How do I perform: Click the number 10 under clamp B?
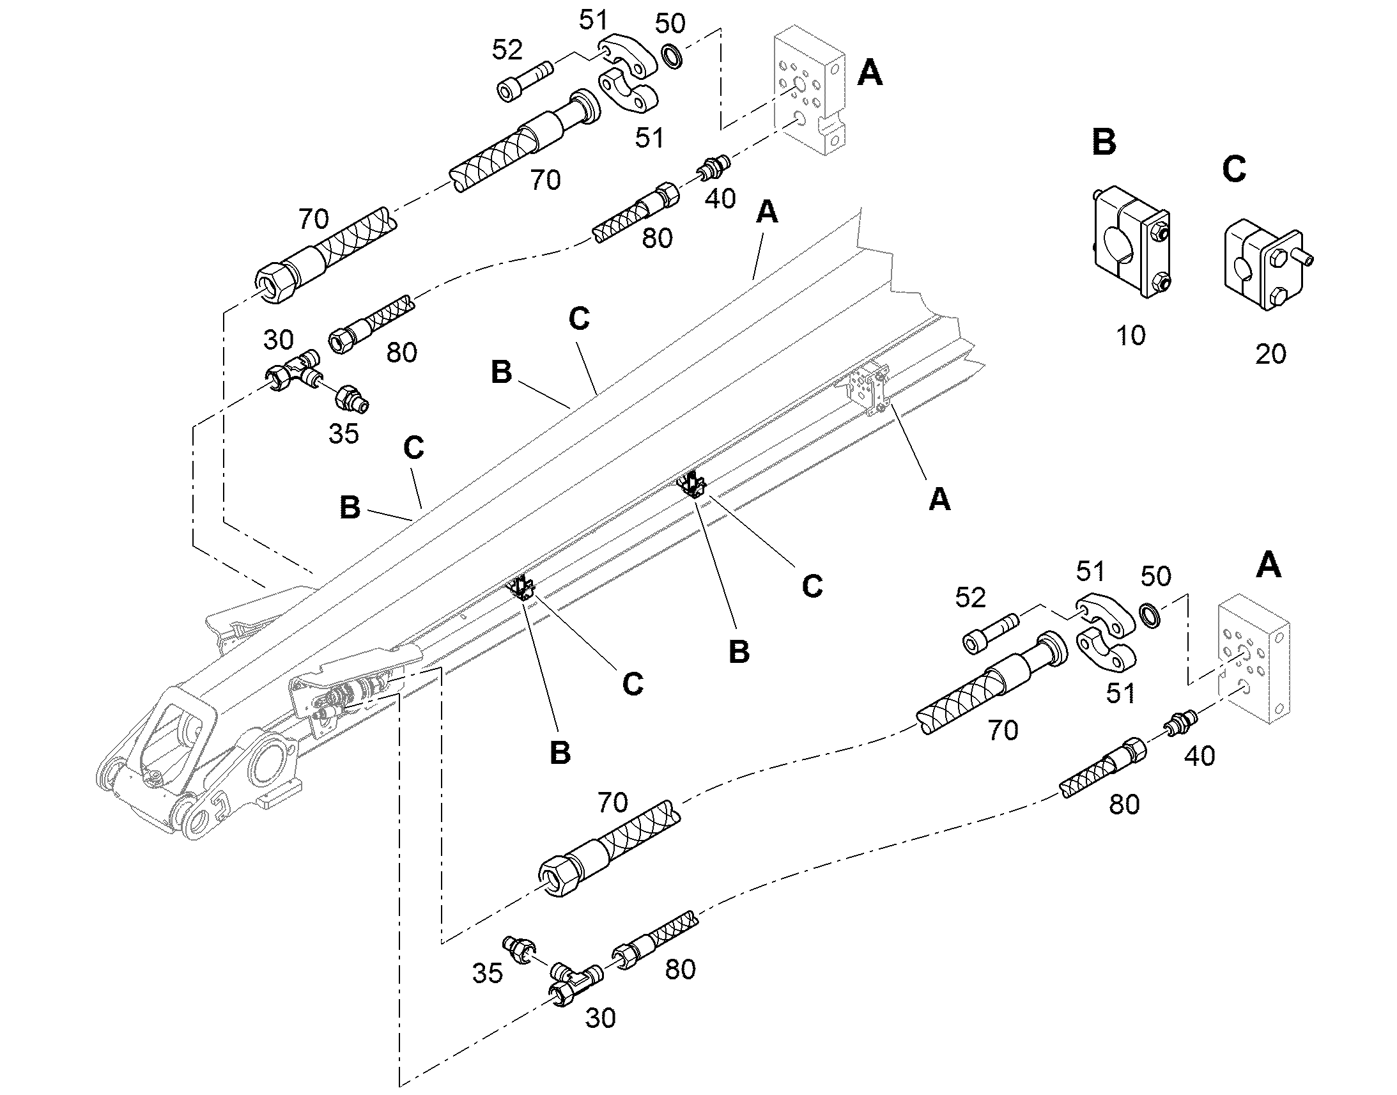(x=1131, y=336)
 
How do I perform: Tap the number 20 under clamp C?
(x=1270, y=354)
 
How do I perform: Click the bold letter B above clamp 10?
(x=1104, y=142)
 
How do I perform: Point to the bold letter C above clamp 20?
(x=1233, y=169)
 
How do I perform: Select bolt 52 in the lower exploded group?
(x=991, y=633)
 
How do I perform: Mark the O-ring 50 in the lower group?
(x=1152, y=616)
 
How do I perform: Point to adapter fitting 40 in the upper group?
(x=712, y=167)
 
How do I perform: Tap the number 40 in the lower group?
(x=1199, y=757)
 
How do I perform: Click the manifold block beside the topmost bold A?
(x=810, y=89)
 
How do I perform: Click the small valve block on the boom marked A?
(x=868, y=388)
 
